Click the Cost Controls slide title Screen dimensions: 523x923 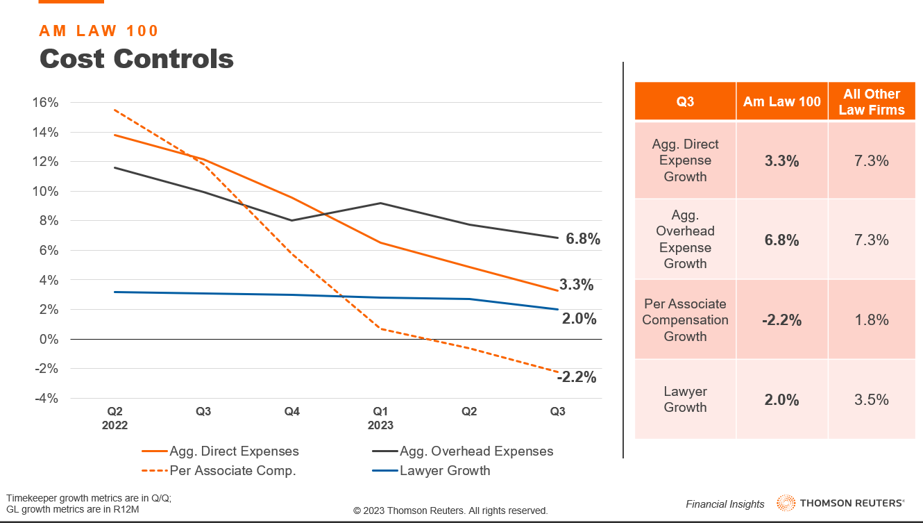click(x=137, y=58)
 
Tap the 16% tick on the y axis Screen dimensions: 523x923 click(x=45, y=103)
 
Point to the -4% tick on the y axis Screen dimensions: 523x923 click(x=45, y=398)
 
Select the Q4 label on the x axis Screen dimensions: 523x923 click(x=292, y=412)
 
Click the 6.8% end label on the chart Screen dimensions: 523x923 click(x=583, y=239)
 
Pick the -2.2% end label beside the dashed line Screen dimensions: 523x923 click(x=576, y=377)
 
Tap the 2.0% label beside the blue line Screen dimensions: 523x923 click(x=579, y=319)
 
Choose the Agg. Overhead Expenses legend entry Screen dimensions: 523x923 click(x=476, y=451)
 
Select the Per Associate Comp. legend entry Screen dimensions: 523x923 click(x=232, y=471)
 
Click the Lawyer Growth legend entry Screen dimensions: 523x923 click(x=445, y=471)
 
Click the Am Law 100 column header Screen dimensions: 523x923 click(x=781, y=101)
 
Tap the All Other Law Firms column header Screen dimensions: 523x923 click(x=872, y=101)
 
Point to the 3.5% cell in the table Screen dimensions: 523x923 click(x=872, y=399)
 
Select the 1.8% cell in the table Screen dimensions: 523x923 click(x=872, y=319)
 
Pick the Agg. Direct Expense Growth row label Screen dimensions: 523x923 click(x=685, y=160)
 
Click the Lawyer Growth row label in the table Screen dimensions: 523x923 click(x=685, y=399)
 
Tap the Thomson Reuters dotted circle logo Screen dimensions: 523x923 click(x=786, y=503)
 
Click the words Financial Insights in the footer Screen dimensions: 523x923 click(x=725, y=504)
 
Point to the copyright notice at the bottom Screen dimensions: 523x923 click(x=450, y=510)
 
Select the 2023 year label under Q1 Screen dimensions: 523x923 click(x=380, y=425)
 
